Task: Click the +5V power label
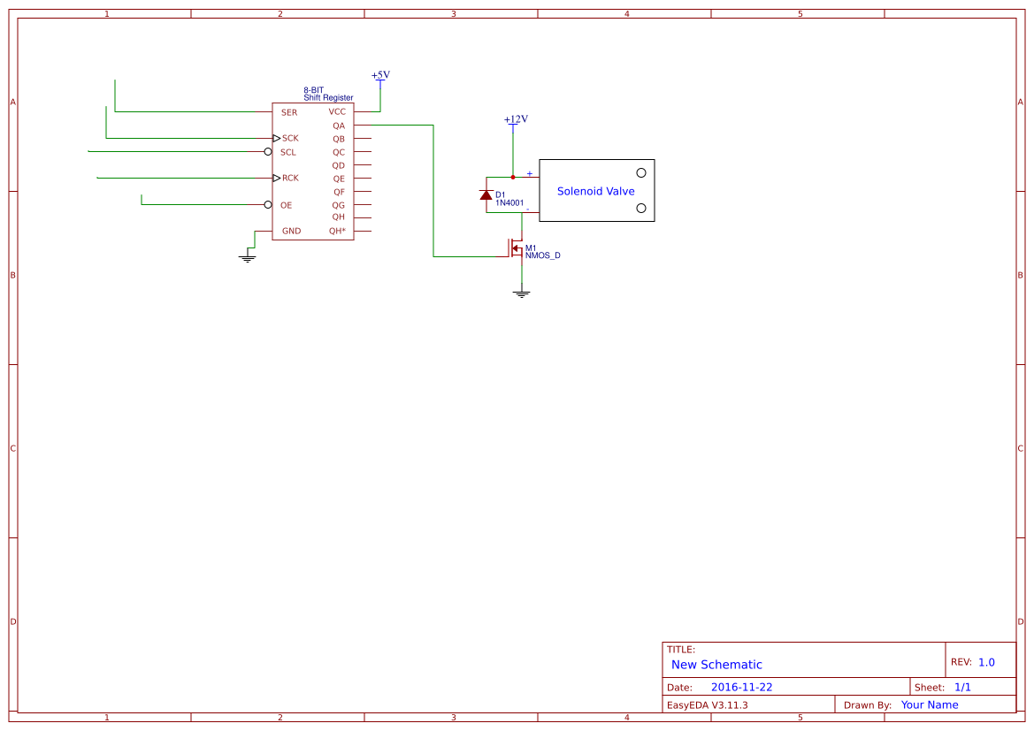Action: pyautogui.click(x=380, y=75)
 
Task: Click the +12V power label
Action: pyautogui.click(x=516, y=119)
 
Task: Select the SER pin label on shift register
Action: pyautogui.click(x=288, y=113)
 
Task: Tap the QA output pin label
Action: pyautogui.click(x=338, y=126)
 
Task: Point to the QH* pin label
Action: pyautogui.click(x=337, y=231)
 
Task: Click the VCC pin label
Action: pyautogui.click(x=337, y=112)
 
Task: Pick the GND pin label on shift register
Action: pyautogui.click(x=291, y=232)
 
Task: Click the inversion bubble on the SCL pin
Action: pyautogui.click(x=268, y=152)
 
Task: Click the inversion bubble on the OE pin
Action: pyautogui.click(x=268, y=205)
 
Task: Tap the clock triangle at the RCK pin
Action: pyautogui.click(x=276, y=178)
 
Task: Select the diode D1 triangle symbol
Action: pyautogui.click(x=486, y=194)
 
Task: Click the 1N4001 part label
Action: pyautogui.click(x=509, y=203)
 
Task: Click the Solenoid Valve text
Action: pyautogui.click(x=595, y=191)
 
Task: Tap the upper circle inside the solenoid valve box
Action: pyautogui.click(x=641, y=172)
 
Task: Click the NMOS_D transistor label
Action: pyautogui.click(x=542, y=255)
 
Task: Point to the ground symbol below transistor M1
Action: pyautogui.click(x=522, y=293)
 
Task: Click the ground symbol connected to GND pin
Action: pyautogui.click(x=248, y=258)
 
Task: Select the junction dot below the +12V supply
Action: pyautogui.click(x=513, y=178)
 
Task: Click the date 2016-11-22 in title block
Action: pyautogui.click(x=741, y=687)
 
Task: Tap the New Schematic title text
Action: pyautogui.click(x=716, y=665)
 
